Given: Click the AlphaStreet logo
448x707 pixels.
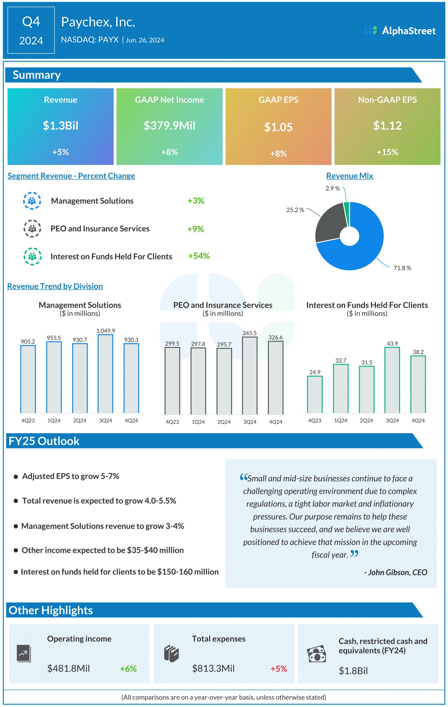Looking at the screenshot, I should [x=399, y=31].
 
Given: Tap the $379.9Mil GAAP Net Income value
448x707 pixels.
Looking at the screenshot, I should [x=169, y=126].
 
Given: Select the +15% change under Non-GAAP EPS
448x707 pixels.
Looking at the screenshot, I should [x=387, y=152].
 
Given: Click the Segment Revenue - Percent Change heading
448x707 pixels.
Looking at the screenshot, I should [x=71, y=176].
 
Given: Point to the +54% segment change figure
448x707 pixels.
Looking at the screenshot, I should [x=199, y=256].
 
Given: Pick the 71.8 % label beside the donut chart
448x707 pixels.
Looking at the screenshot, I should [x=402, y=268].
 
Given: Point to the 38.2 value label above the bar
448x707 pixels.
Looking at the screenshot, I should [x=418, y=352].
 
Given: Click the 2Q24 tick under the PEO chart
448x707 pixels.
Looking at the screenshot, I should [x=224, y=422].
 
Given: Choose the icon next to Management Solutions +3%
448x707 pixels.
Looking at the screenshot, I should [x=32, y=201].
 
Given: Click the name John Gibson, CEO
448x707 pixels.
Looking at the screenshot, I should [x=396, y=573].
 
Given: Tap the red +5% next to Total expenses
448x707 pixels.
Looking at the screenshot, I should [x=279, y=669].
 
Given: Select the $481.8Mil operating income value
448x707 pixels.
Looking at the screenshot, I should [x=69, y=669].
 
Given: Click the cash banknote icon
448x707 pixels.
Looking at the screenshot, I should [x=316, y=654].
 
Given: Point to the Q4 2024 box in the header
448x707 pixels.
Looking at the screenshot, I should [x=31, y=30].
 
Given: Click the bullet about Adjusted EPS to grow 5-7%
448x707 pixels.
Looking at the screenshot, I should [x=70, y=476].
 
